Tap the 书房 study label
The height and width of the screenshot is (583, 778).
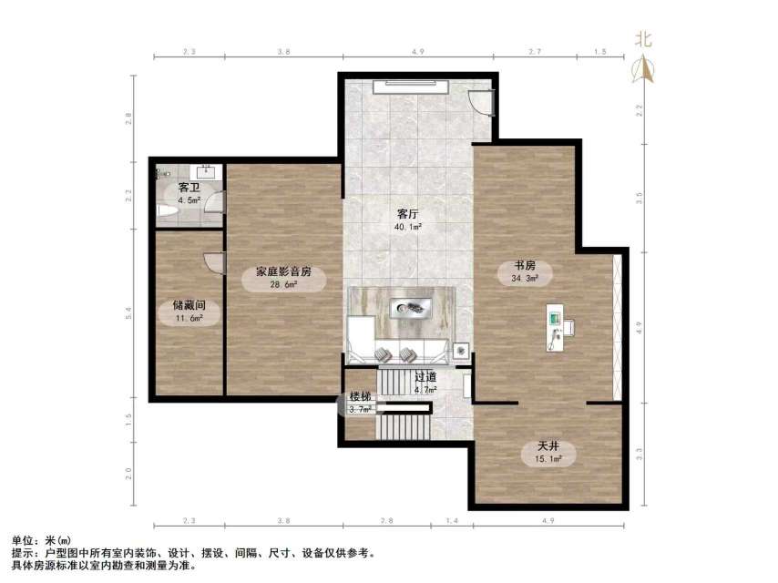[x=526, y=267]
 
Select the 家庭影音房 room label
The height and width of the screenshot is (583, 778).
[x=283, y=271]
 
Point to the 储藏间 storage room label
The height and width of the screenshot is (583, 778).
[x=189, y=307]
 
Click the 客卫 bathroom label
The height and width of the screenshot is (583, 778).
[x=189, y=189]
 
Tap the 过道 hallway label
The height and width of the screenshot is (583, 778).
[x=425, y=377]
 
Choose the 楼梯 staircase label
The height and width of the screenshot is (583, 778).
[x=361, y=397]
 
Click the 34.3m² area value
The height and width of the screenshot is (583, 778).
[x=526, y=279]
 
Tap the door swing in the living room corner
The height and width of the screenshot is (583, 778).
[x=483, y=101]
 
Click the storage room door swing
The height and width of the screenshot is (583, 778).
[x=215, y=262]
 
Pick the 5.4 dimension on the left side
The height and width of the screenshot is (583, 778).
[x=128, y=312]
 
